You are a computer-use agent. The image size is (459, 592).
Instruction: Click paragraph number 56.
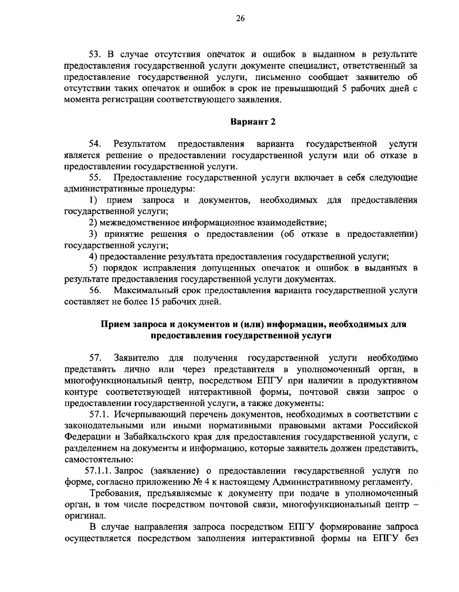click(x=94, y=291)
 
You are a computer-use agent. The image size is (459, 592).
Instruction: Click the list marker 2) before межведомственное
click(x=94, y=222)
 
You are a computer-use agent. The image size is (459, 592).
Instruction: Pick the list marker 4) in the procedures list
click(x=94, y=256)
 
